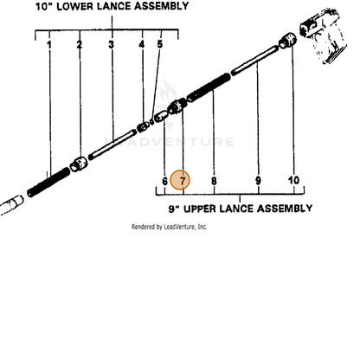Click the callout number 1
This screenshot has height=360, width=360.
point(49,45)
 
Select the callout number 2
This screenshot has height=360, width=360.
point(80,44)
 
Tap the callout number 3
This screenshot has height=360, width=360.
point(112,44)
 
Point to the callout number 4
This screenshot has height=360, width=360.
point(142,44)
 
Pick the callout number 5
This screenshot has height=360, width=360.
point(160,44)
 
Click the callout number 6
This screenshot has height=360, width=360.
point(164,181)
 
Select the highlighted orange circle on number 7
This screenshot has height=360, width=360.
point(180,180)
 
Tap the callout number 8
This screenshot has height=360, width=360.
point(214,181)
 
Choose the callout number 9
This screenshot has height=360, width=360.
point(258,181)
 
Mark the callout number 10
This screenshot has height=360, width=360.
point(293,180)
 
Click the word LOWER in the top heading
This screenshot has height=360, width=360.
point(74,6)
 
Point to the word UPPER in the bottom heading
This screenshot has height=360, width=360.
point(200,209)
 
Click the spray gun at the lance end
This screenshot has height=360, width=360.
point(323,35)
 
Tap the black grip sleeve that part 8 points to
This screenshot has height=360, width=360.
point(209,87)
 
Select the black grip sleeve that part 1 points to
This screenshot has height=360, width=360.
point(48,182)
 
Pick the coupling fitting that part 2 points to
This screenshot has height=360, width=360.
point(79,164)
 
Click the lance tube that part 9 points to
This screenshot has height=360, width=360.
point(255,61)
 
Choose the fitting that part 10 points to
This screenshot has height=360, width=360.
point(287,40)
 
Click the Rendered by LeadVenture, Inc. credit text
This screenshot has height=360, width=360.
point(169,227)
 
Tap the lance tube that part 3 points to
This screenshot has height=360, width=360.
point(112,145)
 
